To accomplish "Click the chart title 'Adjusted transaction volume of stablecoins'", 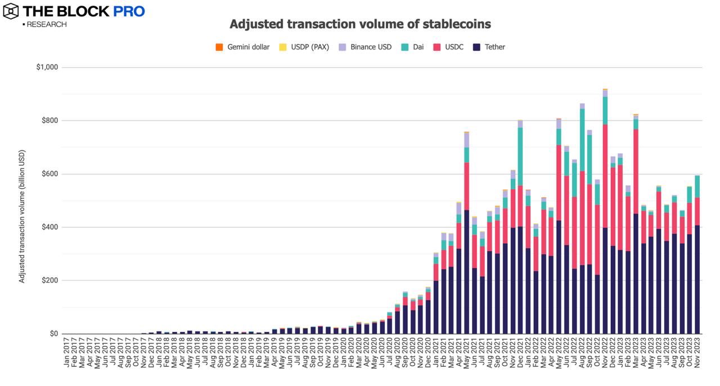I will [360, 24].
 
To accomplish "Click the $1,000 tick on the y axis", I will [47, 68].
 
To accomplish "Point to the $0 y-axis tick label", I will [53, 334].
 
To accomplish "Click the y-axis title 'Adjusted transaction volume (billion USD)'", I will [22, 217].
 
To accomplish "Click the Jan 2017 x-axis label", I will [67, 353].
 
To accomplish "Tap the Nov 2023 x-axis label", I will [697, 353].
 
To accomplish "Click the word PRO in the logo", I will [130, 11].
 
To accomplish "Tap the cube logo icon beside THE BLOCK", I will [11, 11].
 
